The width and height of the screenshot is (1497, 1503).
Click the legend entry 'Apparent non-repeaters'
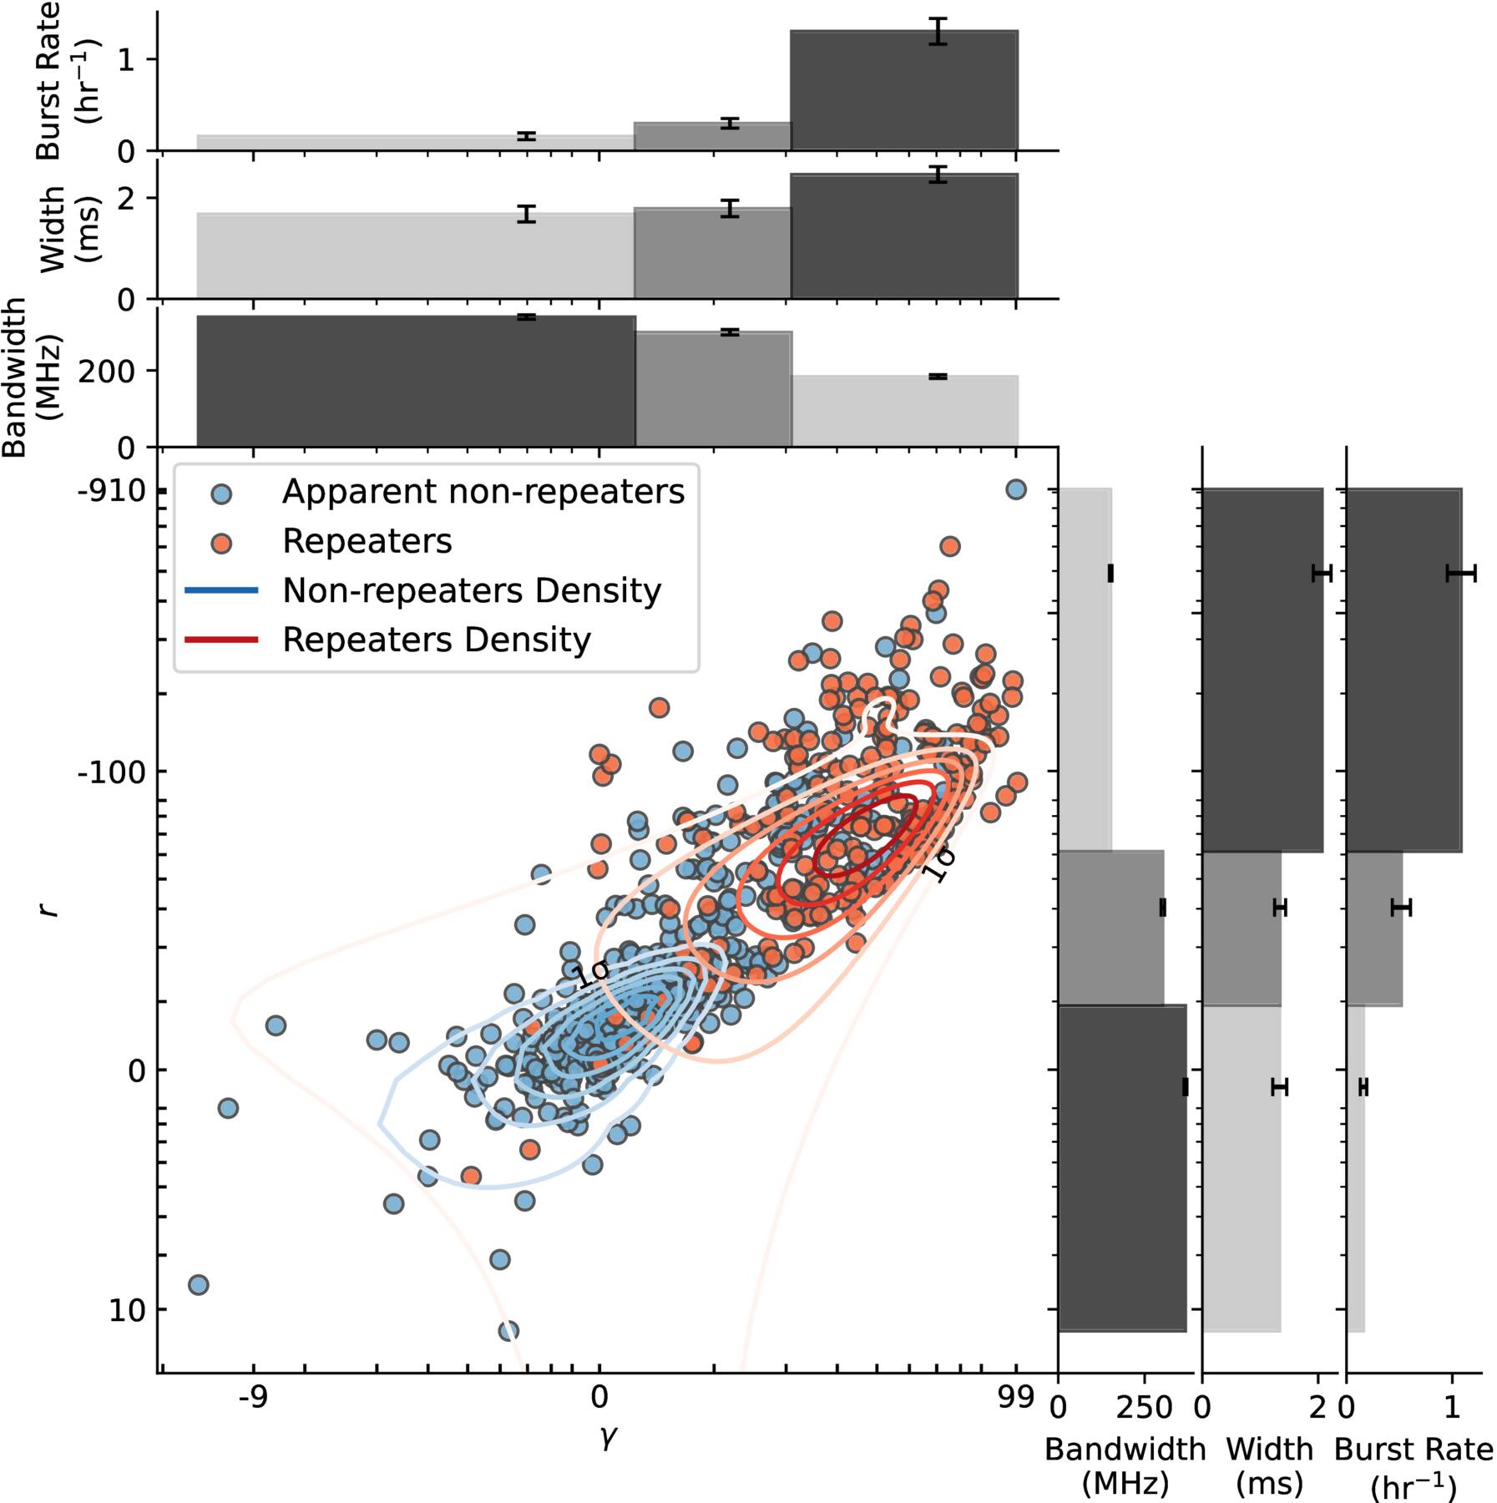(483, 492)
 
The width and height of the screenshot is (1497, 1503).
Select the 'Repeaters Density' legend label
(437, 640)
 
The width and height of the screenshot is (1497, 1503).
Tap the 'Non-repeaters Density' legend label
(472, 590)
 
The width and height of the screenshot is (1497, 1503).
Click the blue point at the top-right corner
(1015, 489)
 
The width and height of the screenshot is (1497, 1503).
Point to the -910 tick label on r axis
(111, 490)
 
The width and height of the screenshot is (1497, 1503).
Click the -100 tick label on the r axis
(111, 772)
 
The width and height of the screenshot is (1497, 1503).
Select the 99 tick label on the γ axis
(1015, 1396)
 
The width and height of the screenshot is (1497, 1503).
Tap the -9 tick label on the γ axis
(253, 1396)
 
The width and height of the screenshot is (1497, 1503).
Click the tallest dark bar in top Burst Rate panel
(904, 90)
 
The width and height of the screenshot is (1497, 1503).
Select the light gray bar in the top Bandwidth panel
(905, 411)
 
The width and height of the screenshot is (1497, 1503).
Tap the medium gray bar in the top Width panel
(712, 253)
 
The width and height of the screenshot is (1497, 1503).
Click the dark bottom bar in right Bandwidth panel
(1122, 1167)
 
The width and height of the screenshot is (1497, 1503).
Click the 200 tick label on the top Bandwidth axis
(106, 372)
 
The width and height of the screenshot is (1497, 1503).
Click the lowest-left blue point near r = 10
(198, 1284)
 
